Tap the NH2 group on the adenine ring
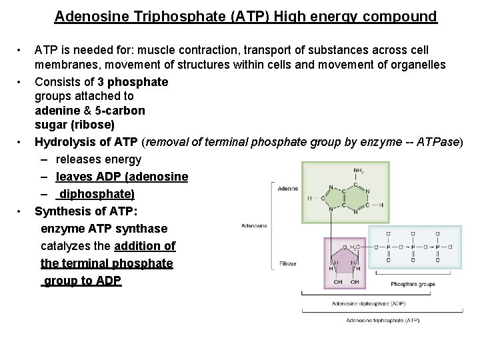pyautogui.click(x=359, y=170)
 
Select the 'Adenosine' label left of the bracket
pyautogui.click(x=254, y=225)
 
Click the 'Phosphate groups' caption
pyautogui.click(x=413, y=284)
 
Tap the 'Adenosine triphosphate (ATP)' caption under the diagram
pyautogui.click(x=383, y=320)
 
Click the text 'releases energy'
pyautogui.click(x=99, y=159)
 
